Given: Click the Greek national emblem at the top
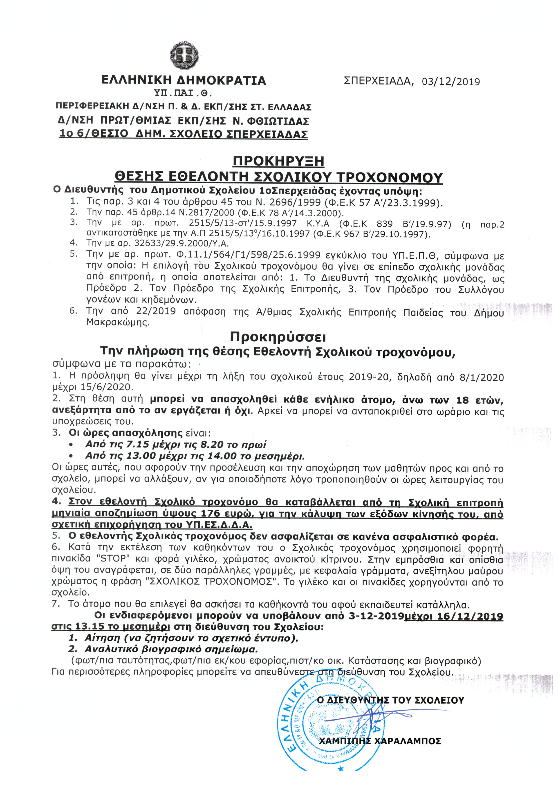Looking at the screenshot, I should tap(184, 55).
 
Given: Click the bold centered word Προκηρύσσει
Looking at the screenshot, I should tap(278, 337).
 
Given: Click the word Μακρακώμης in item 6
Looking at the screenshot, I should tap(118, 323).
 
